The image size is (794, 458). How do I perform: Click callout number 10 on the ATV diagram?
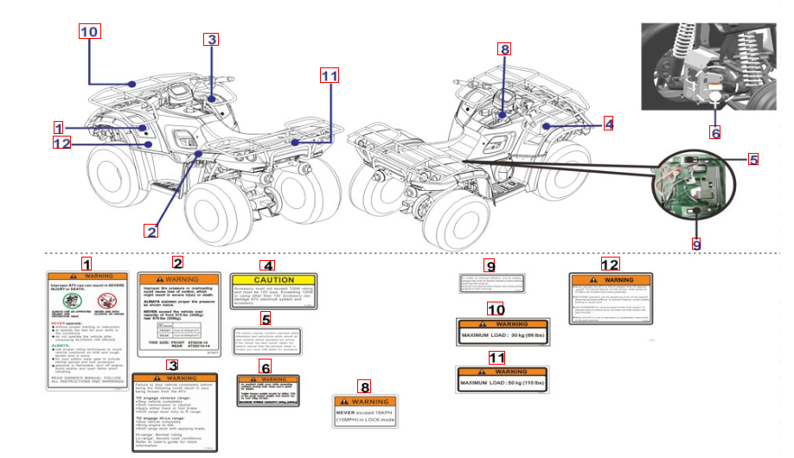(90, 32)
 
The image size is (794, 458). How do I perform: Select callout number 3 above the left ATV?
(212, 39)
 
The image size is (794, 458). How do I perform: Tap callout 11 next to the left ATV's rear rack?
(329, 75)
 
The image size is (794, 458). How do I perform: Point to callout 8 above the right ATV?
(505, 49)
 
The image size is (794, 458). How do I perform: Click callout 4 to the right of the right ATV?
(608, 124)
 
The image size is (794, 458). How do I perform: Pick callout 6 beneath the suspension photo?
(714, 132)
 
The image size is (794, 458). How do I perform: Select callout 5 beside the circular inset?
(753, 159)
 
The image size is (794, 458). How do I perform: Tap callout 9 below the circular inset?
(697, 243)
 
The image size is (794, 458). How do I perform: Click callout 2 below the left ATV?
(151, 231)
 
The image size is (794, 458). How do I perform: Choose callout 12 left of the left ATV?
(61, 143)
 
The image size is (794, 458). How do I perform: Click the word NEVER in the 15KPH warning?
(347, 413)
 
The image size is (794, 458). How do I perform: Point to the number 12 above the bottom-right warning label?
(610, 264)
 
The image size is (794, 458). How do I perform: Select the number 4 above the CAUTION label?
(268, 265)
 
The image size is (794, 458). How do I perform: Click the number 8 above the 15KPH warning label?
(365, 388)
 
